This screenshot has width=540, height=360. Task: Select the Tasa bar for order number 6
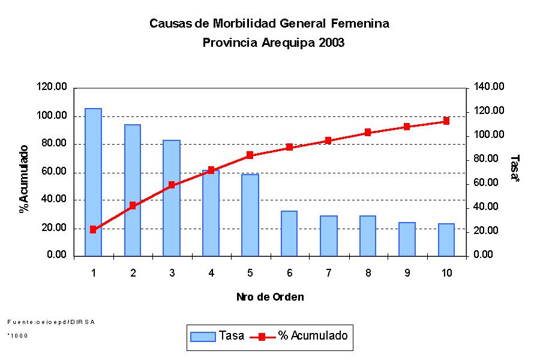click(289, 233)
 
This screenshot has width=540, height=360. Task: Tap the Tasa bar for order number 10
click(446, 239)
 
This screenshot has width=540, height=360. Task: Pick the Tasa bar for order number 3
click(172, 198)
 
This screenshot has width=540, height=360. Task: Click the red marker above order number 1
click(93, 229)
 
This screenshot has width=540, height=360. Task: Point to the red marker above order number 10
click(446, 121)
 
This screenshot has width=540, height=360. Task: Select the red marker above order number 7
click(328, 140)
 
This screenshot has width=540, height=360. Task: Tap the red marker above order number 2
click(133, 206)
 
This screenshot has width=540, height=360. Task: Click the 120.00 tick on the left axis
click(52, 88)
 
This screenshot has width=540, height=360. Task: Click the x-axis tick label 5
click(250, 273)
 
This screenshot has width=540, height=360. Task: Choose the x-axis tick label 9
click(407, 273)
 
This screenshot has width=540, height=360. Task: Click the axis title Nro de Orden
click(269, 297)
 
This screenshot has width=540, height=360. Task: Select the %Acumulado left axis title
click(24, 179)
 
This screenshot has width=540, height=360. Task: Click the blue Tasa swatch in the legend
click(202, 337)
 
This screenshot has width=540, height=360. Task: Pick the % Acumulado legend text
click(313, 336)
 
